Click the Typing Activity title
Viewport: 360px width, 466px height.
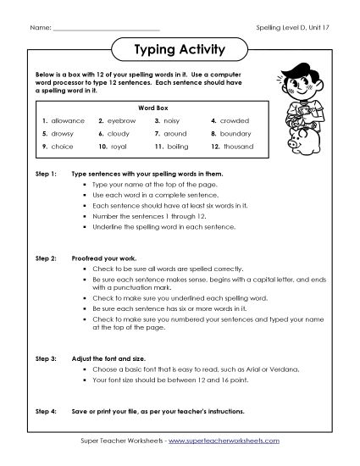pos(180,49)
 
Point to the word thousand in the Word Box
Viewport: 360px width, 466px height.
pos(238,147)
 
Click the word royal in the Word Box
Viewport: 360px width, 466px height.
pos(119,147)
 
